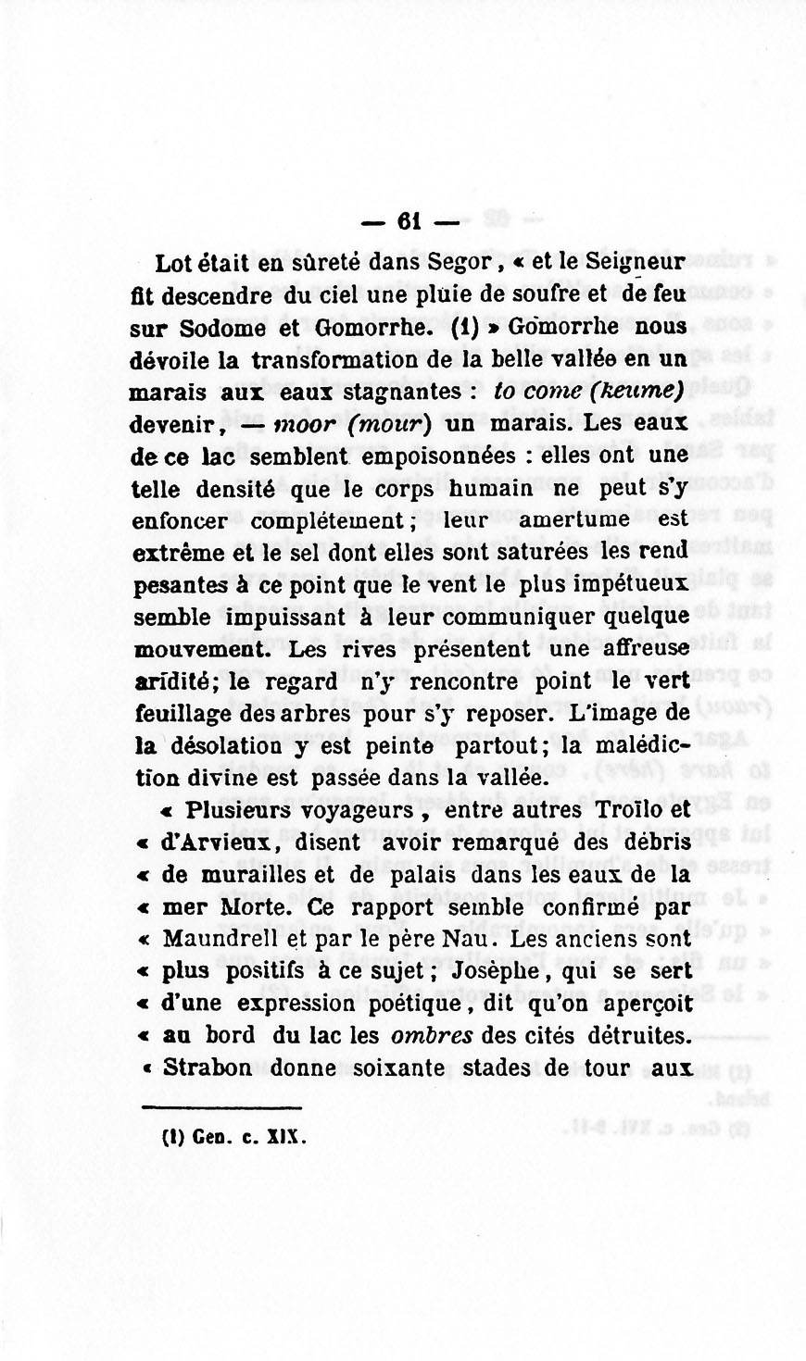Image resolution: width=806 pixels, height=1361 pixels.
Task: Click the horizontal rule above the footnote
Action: pyautogui.click(x=222, y=1106)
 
